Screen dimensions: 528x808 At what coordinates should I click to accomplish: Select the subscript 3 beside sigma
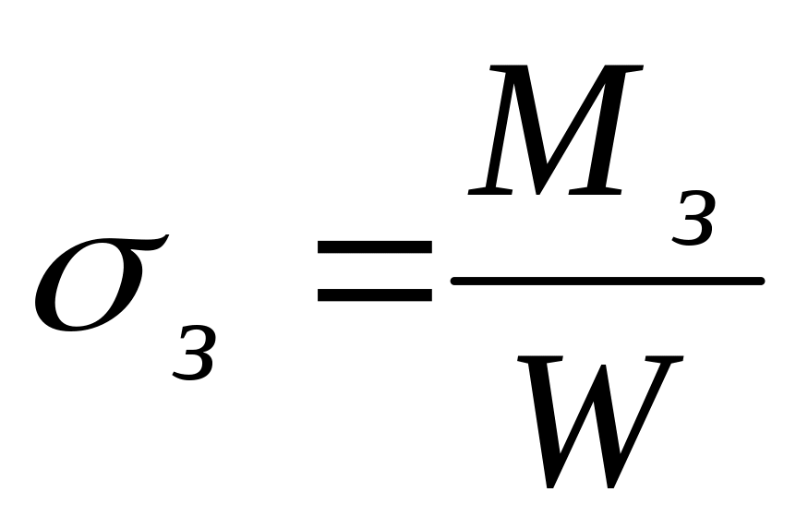pos(193,355)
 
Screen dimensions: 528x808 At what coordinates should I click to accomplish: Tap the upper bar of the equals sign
pos(374,248)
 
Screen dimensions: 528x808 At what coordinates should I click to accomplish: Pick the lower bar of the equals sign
pos(374,295)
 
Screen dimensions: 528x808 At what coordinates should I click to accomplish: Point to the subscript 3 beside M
pos(693,222)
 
